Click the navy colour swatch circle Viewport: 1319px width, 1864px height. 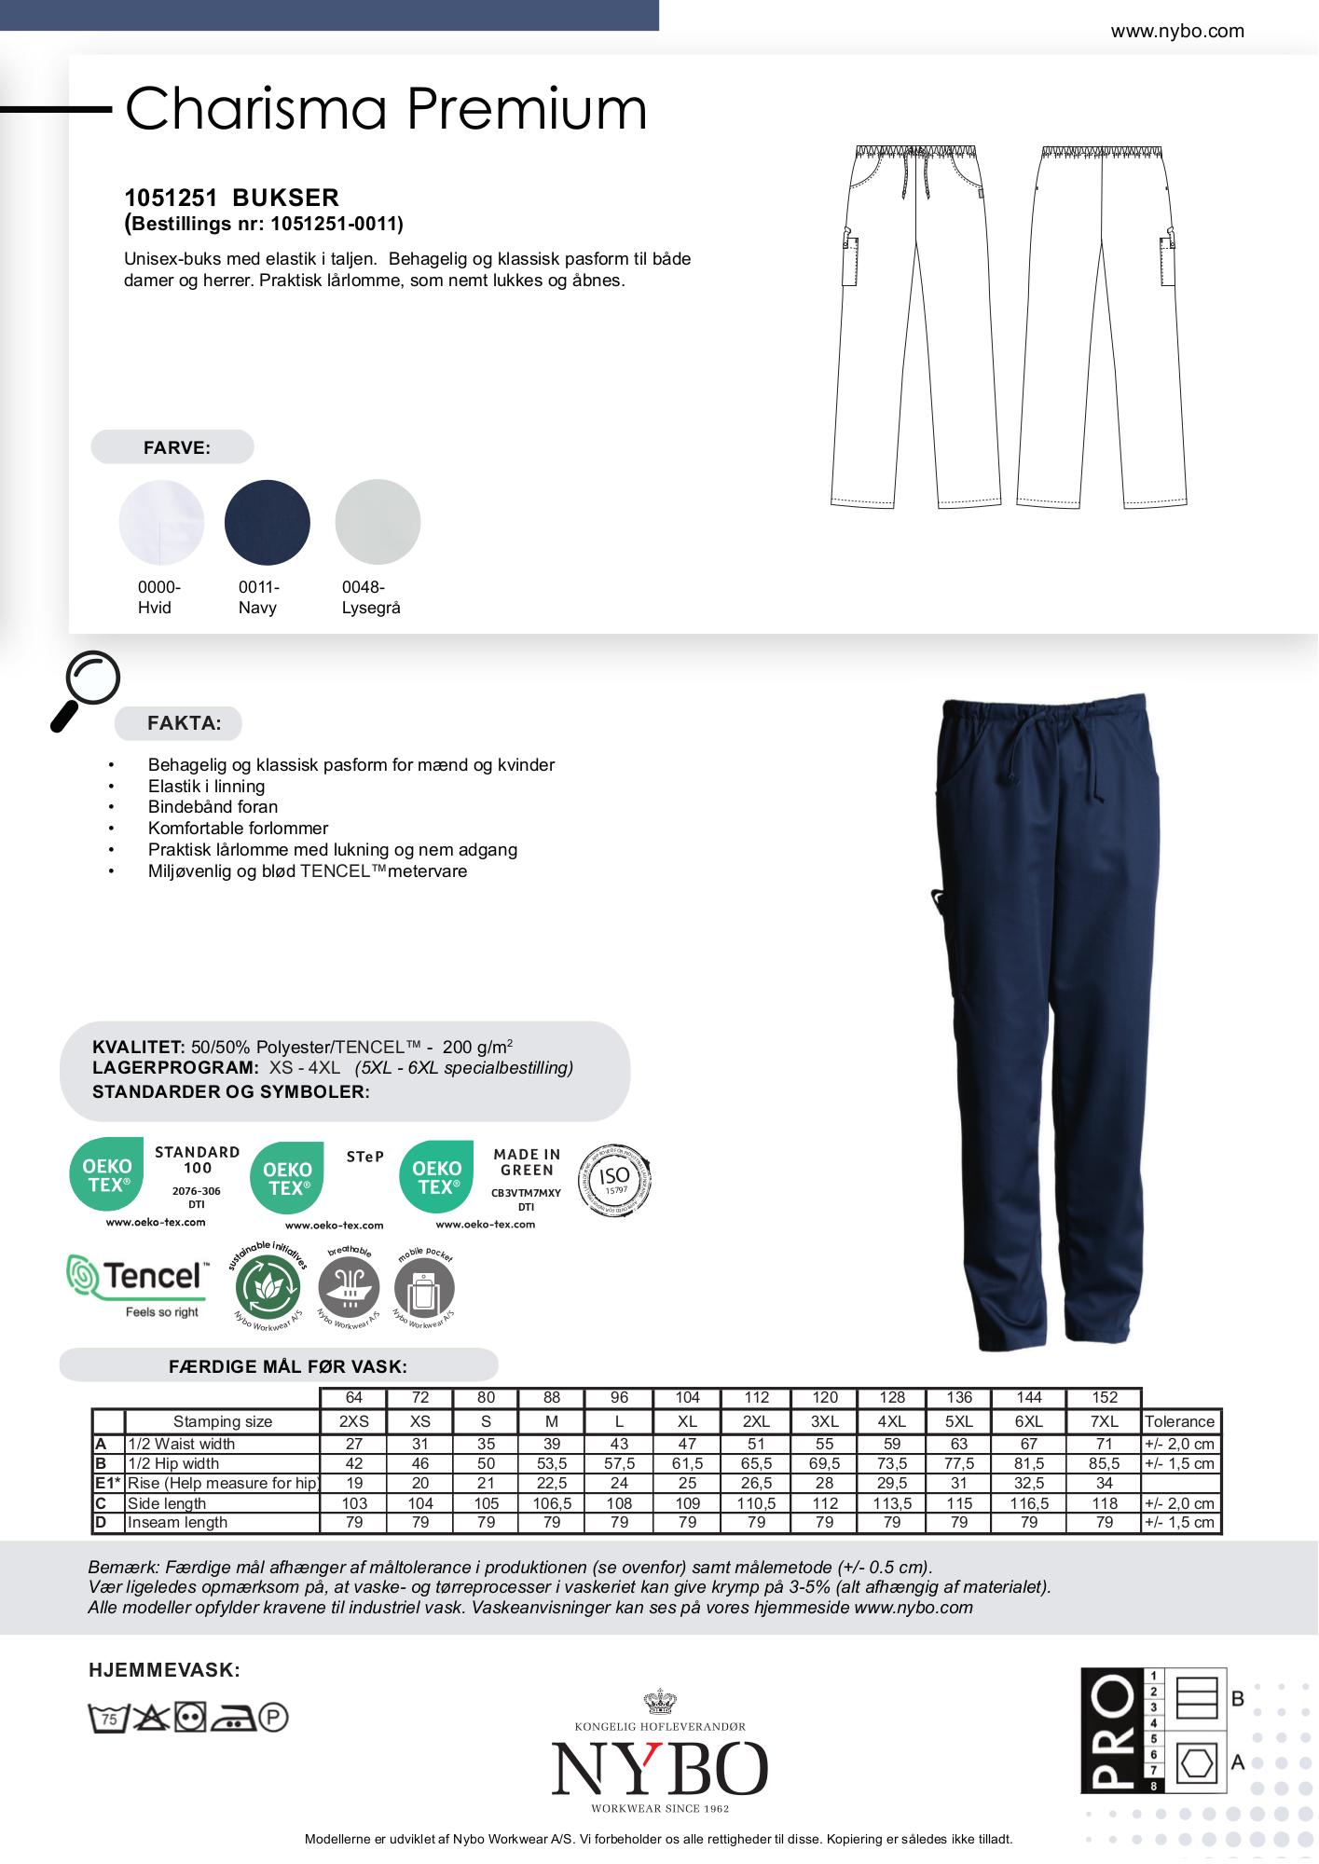tap(268, 522)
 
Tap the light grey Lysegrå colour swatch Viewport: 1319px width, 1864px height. tap(378, 522)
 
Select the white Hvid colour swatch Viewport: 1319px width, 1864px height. tap(161, 522)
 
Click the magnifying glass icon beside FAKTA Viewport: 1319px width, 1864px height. tap(85, 689)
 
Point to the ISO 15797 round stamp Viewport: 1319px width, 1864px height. tap(614, 1180)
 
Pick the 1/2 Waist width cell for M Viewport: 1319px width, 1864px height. tap(552, 1444)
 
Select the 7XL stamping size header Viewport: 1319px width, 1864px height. tap(1105, 1421)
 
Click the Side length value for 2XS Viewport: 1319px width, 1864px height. tap(354, 1503)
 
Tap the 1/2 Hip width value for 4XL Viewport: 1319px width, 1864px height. tap(892, 1463)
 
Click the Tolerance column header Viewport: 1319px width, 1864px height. tap(1179, 1421)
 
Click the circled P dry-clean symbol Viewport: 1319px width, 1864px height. tap(274, 1718)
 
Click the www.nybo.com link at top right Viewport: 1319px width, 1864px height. tap(1177, 31)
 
